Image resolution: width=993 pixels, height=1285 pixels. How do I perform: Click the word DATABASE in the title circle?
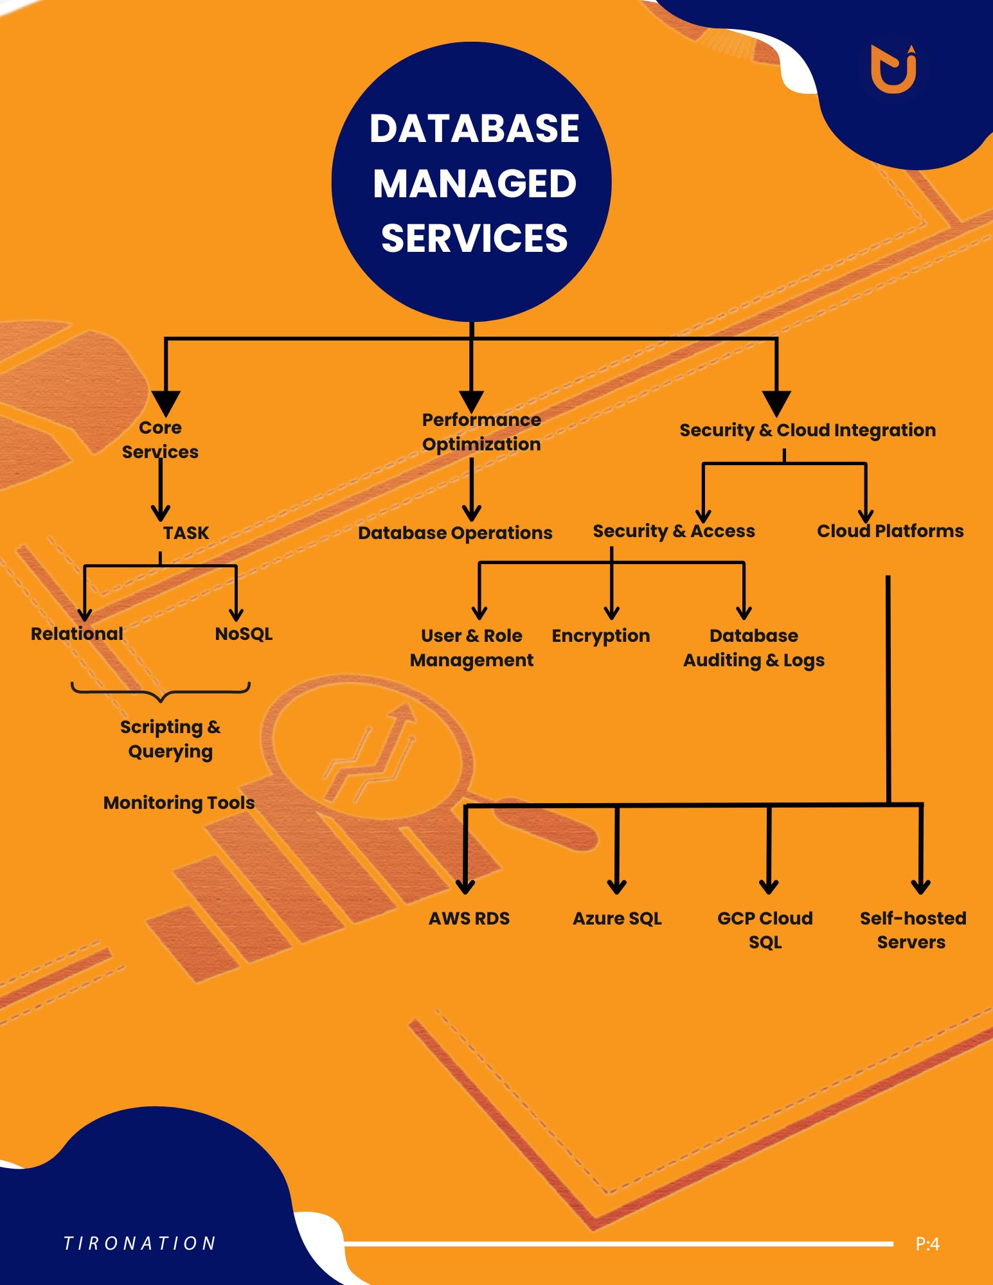[474, 128]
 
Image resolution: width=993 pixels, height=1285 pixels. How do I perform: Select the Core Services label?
[160, 439]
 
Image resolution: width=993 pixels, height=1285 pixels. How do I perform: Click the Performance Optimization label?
[481, 432]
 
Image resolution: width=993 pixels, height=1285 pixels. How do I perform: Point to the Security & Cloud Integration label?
[808, 430]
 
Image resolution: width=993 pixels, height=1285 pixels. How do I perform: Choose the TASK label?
[186, 533]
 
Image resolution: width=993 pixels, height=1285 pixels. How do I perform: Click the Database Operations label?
[455, 533]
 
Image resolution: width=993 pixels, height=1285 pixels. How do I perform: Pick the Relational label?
[77, 634]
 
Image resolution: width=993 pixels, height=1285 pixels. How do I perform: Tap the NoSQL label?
[244, 634]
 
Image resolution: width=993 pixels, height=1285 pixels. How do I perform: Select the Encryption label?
[601, 636]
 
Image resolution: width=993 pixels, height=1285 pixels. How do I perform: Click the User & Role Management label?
[472, 648]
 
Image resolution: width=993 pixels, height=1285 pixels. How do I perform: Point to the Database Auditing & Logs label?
[754, 648]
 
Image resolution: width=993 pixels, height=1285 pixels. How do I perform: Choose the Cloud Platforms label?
[890, 531]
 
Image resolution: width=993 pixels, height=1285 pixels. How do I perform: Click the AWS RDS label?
[469, 918]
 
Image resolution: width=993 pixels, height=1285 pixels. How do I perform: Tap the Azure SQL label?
[617, 918]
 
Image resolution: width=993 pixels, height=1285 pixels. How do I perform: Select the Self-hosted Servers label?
[913, 930]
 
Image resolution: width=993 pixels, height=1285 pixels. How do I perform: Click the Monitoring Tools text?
[179, 802]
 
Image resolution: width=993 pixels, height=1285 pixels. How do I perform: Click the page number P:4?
[927, 1245]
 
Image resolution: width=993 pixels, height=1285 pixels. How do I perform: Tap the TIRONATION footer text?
[139, 1243]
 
